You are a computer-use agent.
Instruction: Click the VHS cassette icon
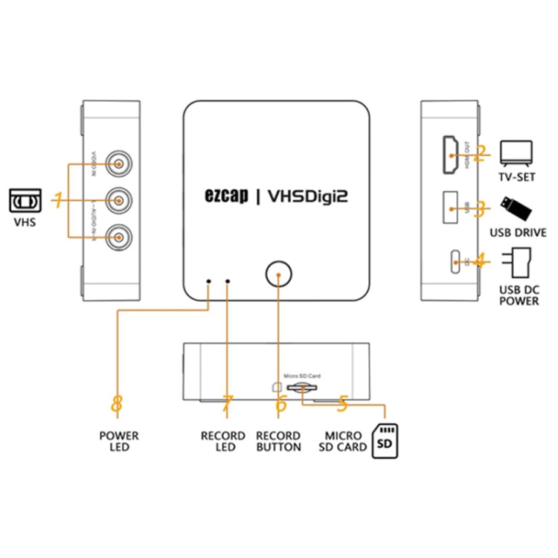pos(25,200)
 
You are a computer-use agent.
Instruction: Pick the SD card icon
pos(385,440)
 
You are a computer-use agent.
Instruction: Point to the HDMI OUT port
pos(450,154)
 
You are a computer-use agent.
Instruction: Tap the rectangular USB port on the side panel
pos(449,209)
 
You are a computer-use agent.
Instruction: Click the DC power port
pos(453,262)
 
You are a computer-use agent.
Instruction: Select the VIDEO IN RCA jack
pos(117,161)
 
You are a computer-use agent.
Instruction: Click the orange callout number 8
pos(117,404)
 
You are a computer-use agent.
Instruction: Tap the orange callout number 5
pos(342,404)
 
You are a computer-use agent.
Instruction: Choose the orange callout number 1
pos(57,199)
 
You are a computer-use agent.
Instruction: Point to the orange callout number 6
pos(280,404)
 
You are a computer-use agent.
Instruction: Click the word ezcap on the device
pos(225,196)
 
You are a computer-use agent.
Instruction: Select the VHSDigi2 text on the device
pos(307,196)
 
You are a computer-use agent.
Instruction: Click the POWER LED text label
pos(118,441)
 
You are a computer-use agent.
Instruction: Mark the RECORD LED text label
pos(223,441)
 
